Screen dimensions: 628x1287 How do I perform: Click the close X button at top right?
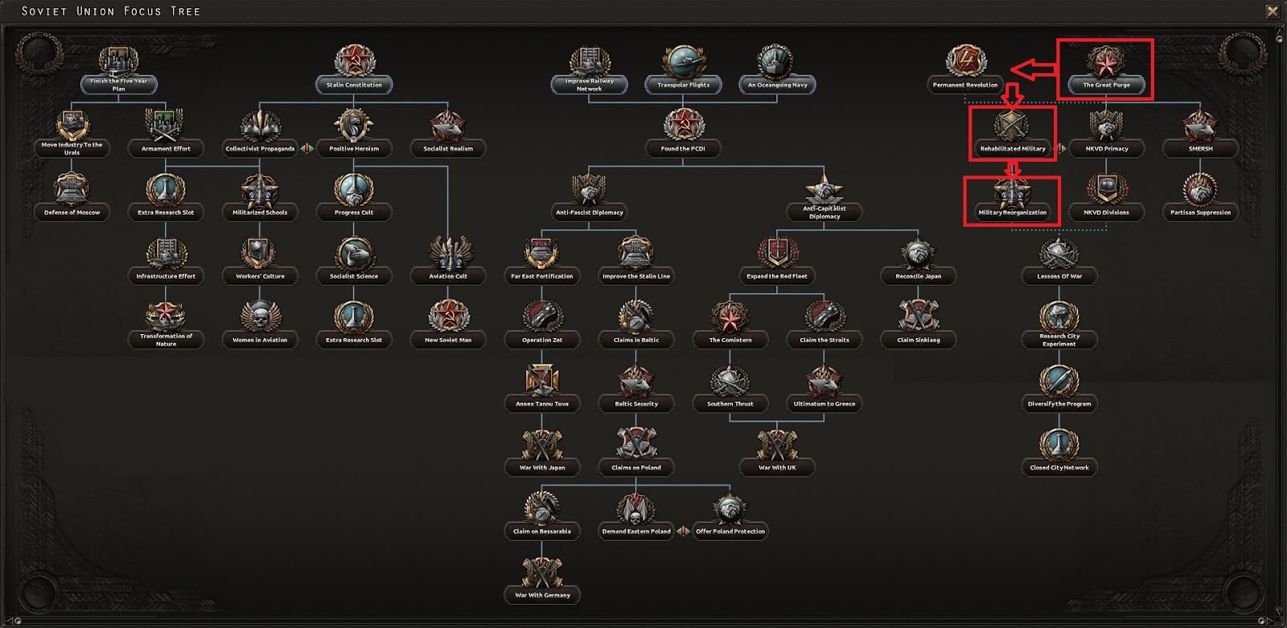point(1273,11)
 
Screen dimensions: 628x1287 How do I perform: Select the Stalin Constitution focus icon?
point(354,61)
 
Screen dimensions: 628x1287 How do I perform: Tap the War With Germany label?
point(542,595)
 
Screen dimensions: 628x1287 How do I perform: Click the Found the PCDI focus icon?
point(683,125)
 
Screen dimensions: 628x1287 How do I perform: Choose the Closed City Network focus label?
point(1059,467)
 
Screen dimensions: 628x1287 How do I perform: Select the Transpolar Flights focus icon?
point(684,61)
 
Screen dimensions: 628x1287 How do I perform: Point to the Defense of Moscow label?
point(72,213)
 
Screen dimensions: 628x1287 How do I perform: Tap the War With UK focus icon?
point(777,444)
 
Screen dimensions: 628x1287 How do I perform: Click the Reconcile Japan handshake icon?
point(918,253)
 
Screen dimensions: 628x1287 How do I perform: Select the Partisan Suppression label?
point(1200,213)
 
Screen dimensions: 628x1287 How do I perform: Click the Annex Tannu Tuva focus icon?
point(542,380)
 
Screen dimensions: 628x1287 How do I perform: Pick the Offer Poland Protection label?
point(730,531)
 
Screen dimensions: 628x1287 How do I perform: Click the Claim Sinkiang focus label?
point(918,340)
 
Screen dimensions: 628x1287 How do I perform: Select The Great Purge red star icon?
point(1106,61)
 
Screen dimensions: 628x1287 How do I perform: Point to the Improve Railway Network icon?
point(590,61)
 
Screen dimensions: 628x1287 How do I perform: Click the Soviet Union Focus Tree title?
point(111,11)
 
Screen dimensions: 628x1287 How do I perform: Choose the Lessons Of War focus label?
point(1059,276)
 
